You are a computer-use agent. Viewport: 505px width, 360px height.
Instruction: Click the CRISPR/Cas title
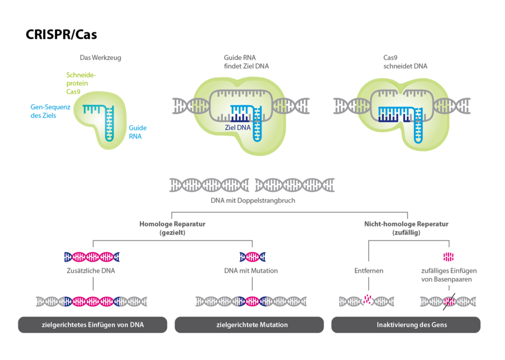click(x=61, y=35)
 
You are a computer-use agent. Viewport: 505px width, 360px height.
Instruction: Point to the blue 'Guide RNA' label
click(x=137, y=132)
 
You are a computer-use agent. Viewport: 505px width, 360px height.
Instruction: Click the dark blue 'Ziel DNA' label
click(x=237, y=127)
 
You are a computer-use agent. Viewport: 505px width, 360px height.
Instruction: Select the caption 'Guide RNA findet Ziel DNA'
click(x=246, y=62)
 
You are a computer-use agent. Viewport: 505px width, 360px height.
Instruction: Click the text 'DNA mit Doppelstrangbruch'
click(x=252, y=200)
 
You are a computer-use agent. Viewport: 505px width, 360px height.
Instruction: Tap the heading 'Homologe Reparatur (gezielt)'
click(x=172, y=228)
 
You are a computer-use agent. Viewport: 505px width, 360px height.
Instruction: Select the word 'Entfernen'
click(x=369, y=270)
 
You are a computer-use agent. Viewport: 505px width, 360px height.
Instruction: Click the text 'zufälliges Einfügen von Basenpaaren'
click(x=449, y=275)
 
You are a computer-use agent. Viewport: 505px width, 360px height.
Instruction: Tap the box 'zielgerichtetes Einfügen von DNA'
click(x=93, y=325)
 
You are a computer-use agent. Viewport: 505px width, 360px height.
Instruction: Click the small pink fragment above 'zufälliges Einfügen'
click(x=448, y=257)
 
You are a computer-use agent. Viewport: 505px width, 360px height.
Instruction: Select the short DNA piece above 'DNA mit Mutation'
click(x=252, y=257)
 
